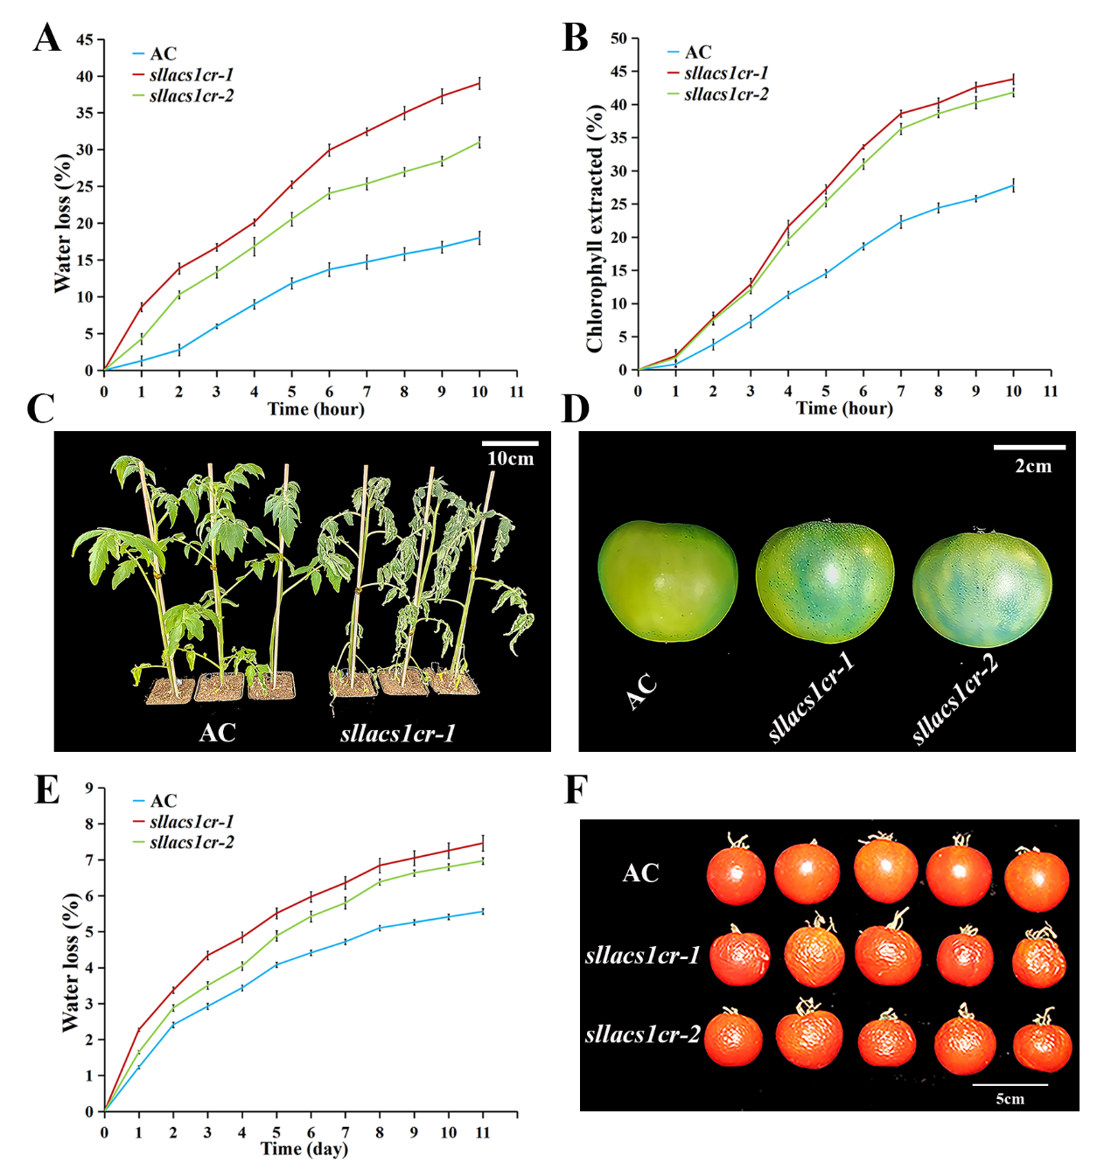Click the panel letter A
click(x=47, y=38)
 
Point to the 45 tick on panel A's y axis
click(x=85, y=40)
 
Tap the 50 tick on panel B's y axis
click(x=618, y=38)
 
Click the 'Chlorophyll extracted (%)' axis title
click(x=595, y=227)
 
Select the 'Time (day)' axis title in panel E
click(x=304, y=1149)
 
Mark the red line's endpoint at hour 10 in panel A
click(x=479, y=84)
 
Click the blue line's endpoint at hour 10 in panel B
click(x=1013, y=184)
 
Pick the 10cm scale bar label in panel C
click(x=510, y=459)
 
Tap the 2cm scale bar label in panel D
click(x=1033, y=467)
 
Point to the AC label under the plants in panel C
click(x=217, y=732)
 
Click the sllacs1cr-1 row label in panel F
click(x=642, y=956)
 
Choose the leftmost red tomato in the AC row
click(x=736, y=873)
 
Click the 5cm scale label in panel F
click(x=1010, y=1099)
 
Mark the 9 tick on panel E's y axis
click(x=89, y=789)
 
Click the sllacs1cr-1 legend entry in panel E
click(x=191, y=822)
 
